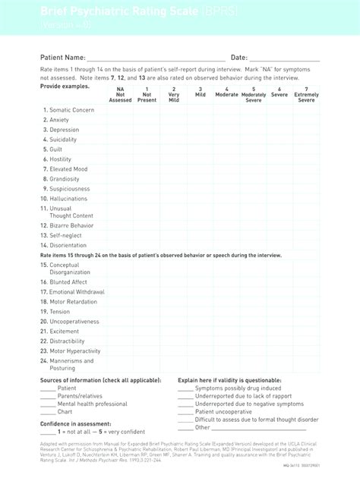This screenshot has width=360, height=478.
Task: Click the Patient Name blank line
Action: tap(156, 58)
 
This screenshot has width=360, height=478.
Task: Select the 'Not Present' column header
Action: tap(147, 94)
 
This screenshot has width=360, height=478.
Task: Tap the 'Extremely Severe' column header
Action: tap(306, 94)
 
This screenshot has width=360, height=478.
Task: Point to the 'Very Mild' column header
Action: tap(174, 94)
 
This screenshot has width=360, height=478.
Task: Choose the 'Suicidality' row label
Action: tap(63, 140)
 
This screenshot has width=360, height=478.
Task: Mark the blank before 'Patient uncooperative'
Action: tap(185, 412)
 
